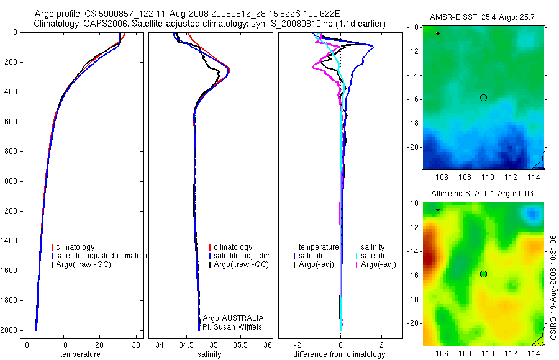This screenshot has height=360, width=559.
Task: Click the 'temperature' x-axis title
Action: click(80, 354)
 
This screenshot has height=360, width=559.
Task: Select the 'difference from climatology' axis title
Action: click(339, 354)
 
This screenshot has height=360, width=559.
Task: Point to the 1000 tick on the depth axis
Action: click(10, 181)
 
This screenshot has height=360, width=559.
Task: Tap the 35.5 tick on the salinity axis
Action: click(240, 344)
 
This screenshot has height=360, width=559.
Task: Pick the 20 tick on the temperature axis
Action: click(99, 344)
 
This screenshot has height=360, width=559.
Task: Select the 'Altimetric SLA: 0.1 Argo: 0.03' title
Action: click(483, 194)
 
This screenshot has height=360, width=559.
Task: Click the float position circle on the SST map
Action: click(483, 97)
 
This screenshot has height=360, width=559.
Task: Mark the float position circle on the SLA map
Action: click(483, 274)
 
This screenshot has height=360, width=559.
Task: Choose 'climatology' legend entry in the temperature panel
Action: click(75, 247)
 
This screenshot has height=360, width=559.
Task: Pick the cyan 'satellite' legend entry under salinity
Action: click(374, 256)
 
